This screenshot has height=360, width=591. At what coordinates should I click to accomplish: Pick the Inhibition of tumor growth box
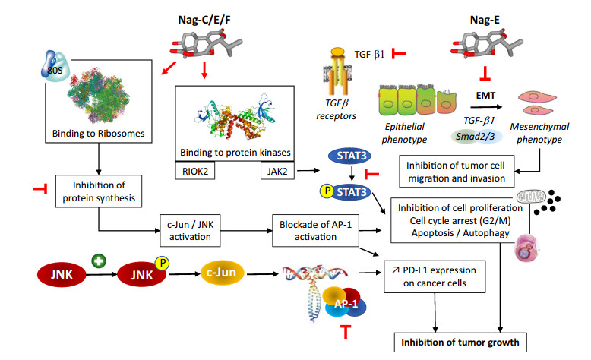tap(461, 342)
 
